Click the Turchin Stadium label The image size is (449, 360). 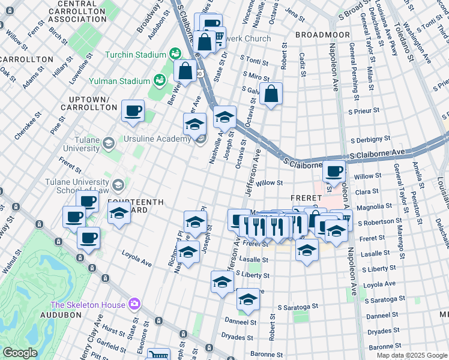(x=136, y=55)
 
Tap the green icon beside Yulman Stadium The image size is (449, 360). (x=159, y=80)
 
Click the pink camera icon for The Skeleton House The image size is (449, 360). (x=134, y=304)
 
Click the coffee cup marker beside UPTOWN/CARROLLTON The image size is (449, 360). (x=133, y=111)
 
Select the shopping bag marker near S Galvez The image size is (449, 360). (x=271, y=94)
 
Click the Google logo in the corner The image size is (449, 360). (x=20, y=353)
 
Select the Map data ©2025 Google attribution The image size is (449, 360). (x=411, y=355)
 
